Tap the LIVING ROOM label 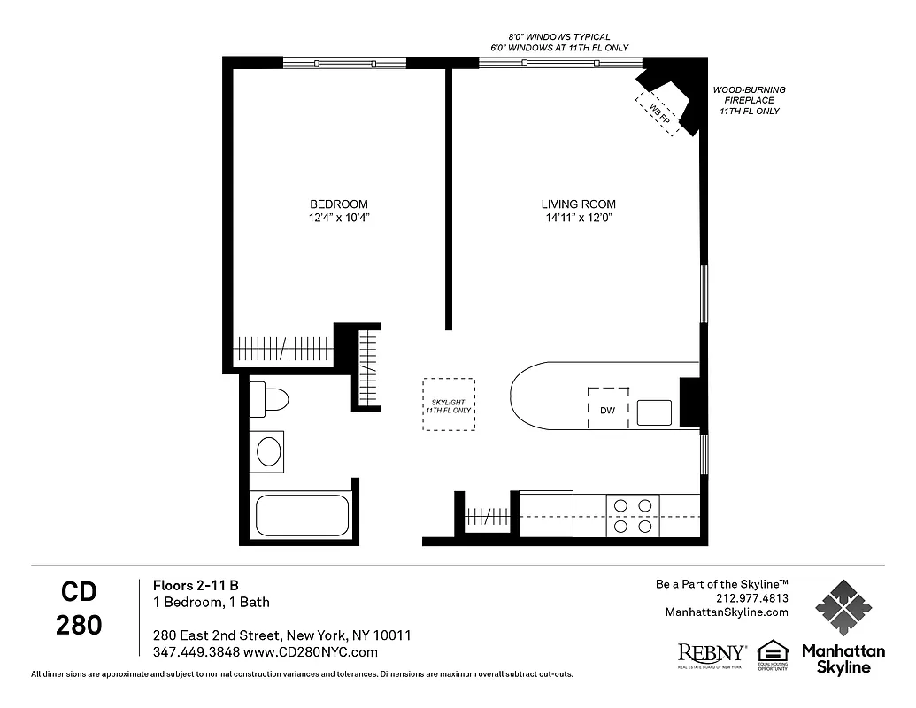578,204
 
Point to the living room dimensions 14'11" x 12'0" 578,218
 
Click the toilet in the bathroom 269,400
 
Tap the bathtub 303,514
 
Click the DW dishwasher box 609,409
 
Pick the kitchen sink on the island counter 654,413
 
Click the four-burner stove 633,516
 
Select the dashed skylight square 448,404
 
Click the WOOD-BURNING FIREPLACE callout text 749,101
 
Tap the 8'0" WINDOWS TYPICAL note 559,36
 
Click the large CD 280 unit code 79,608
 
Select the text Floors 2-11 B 196,585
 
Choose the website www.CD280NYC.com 310,652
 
